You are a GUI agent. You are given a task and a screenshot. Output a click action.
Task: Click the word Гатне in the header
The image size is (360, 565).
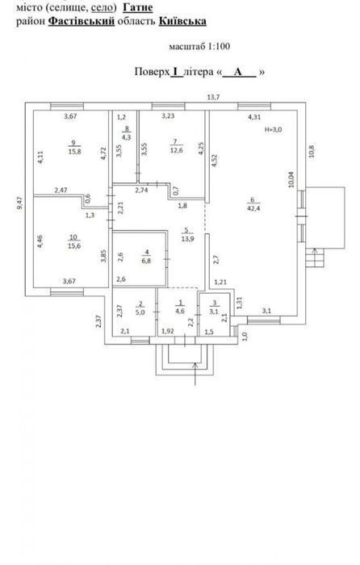(x=138, y=7)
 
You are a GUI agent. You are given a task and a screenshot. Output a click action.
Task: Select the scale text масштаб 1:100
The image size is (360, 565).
(x=199, y=47)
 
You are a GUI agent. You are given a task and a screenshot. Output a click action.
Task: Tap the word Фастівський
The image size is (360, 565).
(x=81, y=21)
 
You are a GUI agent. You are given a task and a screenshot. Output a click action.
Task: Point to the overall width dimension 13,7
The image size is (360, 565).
(x=213, y=97)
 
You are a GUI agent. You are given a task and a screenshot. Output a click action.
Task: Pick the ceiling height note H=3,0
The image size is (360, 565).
(x=273, y=130)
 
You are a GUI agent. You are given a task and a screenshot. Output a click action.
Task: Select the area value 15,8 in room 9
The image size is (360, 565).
(x=74, y=152)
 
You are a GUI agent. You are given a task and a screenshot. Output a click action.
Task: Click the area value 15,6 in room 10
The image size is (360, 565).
(x=74, y=245)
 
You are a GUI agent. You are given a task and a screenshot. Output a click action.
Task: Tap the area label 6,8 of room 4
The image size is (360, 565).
(x=146, y=261)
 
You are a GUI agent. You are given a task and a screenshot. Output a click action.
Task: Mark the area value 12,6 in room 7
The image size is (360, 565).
(x=176, y=150)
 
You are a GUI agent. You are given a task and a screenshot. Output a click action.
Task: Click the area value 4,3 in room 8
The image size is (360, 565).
(x=127, y=137)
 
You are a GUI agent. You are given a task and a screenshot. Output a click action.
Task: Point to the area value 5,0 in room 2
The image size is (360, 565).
(x=140, y=312)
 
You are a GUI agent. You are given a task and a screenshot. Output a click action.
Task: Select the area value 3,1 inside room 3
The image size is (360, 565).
(x=214, y=312)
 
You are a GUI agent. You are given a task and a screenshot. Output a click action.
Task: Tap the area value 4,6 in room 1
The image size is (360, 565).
(x=180, y=311)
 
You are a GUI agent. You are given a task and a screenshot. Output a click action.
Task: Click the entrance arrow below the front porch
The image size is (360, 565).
(x=195, y=374)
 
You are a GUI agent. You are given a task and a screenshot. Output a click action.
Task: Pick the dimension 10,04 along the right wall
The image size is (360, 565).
(x=291, y=178)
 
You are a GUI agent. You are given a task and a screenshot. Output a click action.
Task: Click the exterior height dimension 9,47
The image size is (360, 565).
(x=19, y=203)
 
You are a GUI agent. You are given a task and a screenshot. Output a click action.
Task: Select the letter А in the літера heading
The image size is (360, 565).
(x=238, y=72)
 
